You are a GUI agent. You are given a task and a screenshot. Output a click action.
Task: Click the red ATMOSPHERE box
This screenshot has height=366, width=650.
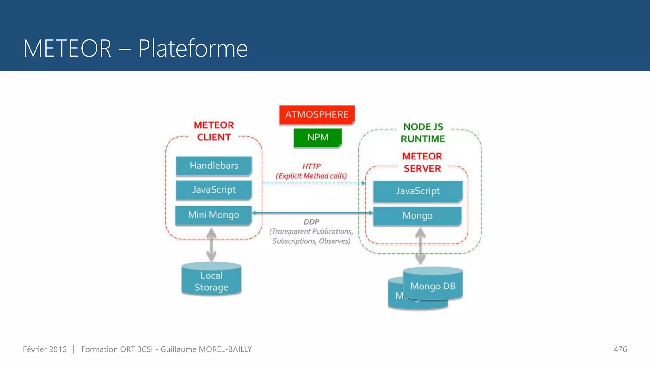pyautogui.click(x=317, y=115)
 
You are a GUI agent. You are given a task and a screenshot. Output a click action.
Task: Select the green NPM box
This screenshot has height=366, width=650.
pyautogui.click(x=317, y=138)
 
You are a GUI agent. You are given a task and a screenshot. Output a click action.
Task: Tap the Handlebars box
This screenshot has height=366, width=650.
pyautogui.click(x=214, y=166)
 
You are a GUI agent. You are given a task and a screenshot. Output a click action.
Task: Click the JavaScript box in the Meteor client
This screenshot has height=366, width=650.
pyautogui.click(x=214, y=190)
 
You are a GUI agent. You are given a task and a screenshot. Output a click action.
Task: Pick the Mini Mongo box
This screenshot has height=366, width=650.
pyautogui.click(x=213, y=215)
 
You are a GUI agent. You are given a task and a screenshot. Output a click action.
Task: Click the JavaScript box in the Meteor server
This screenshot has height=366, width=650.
pyautogui.click(x=418, y=191)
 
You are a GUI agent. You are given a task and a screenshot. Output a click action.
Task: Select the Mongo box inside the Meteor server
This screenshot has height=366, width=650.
pyautogui.click(x=417, y=216)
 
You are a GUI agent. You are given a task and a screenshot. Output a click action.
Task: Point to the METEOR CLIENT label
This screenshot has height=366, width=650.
pyautogui.click(x=214, y=131)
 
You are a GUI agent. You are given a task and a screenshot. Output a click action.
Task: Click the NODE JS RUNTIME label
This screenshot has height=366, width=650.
pyautogui.click(x=423, y=133)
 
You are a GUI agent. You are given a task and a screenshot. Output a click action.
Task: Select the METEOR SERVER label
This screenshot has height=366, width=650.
pyautogui.click(x=422, y=162)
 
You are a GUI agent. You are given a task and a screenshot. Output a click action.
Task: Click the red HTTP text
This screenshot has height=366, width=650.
pyautogui.click(x=311, y=166)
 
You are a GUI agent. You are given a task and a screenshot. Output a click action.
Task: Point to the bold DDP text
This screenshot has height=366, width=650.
pyautogui.click(x=311, y=222)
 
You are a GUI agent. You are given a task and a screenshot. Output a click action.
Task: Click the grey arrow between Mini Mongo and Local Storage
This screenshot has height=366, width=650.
pyautogui.click(x=211, y=245)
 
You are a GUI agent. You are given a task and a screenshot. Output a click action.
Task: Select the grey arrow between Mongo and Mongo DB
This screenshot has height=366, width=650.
pyautogui.click(x=420, y=246)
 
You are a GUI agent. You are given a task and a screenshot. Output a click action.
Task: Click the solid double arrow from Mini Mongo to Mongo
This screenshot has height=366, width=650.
pyautogui.click(x=313, y=213)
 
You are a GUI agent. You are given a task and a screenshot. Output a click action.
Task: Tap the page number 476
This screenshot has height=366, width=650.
pyautogui.click(x=620, y=349)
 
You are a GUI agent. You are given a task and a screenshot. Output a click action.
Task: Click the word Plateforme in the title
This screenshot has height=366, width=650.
pyautogui.click(x=193, y=49)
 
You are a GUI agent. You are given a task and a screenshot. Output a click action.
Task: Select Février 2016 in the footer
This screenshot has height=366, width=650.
pyautogui.click(x=45, y=349)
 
